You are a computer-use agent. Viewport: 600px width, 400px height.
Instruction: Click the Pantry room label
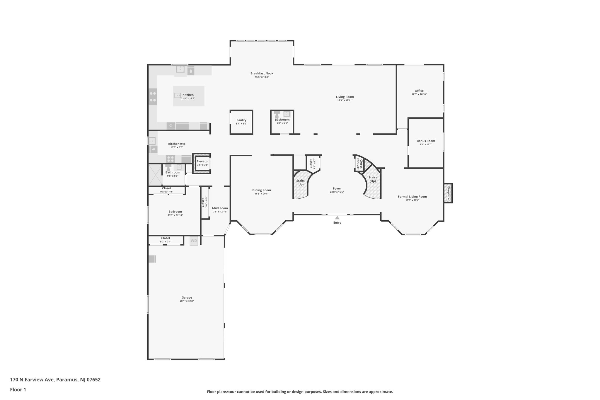point(241,120)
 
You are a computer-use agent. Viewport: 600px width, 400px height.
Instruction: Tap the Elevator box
point(202,163)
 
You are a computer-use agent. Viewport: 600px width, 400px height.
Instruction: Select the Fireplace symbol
point(448,193)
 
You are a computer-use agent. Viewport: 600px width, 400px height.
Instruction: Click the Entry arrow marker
point(337,218)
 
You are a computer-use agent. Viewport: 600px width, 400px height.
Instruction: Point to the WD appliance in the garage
point(194,241)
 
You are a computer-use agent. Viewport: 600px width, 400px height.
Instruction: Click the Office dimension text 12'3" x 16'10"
point(419,94)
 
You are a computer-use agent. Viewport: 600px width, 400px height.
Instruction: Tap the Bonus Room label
point(426,141)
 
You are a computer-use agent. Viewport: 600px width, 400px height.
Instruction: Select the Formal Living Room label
point(412,197)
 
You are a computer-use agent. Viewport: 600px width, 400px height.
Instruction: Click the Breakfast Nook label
point(262,73)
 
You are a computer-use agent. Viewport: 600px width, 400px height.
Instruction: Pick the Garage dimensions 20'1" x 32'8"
point(187,301)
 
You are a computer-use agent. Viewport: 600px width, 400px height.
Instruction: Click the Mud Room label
point(220,208)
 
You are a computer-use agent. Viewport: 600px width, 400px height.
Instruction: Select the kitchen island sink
point(178,95)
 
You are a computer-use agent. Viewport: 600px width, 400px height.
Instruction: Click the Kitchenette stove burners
point(171,159)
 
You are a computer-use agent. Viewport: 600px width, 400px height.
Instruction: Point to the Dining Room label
point(261,190)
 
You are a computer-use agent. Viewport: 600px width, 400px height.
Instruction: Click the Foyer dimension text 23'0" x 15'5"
point(337,192)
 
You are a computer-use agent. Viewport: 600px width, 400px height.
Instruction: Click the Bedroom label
point(175,212)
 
